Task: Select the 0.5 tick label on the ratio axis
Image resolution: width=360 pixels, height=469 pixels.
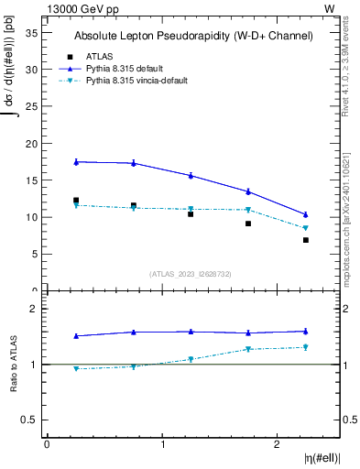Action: pyautogui.click(x=29, y=420)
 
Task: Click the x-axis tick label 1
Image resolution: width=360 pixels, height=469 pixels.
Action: pyautogui.click(x=163, y=444)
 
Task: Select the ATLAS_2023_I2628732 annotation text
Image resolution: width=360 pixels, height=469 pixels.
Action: pyautogui.click(x=191, y=273)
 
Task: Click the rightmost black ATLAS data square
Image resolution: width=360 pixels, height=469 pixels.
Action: pyautogui.click(x=306, y=240)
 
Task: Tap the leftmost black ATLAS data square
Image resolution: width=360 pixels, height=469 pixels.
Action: pyautogui.click(x=76, y=201)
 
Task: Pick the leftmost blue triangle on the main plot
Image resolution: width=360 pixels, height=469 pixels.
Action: pyautogui.click(x=76, y=161)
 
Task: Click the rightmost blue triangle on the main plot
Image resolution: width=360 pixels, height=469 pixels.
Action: pyautogui.click(x=306, y=214)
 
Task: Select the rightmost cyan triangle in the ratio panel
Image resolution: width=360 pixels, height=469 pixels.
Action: pyautogui.click(x=306, y=347)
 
